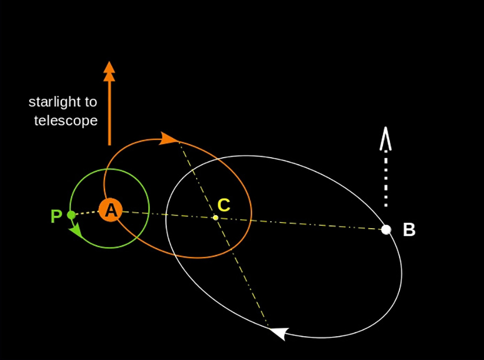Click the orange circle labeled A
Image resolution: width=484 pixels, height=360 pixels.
(x=110, y=210)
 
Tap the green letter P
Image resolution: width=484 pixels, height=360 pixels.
(x=56, y=216)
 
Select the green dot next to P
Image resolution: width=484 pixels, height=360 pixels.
(x=71, y=215)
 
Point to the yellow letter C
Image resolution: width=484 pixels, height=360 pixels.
(x=224, y=205)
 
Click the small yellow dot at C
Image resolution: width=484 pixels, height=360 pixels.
(x=216, y=217)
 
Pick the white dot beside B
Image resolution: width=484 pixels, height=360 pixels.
(x=386, y=230)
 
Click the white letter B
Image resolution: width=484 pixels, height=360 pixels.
(x=409, y=230)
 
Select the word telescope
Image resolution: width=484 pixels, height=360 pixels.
(x=66, y=121)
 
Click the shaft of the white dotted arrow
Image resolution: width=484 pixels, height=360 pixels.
(x=386, y=178)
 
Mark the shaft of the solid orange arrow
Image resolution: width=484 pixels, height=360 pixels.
(x=109, y=113)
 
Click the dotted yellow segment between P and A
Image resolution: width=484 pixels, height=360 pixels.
(x=86, y=213)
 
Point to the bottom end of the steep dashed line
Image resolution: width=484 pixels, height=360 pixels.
(x=267, y=325)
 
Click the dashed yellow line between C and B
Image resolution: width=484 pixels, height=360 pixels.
(x=301, y=223)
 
